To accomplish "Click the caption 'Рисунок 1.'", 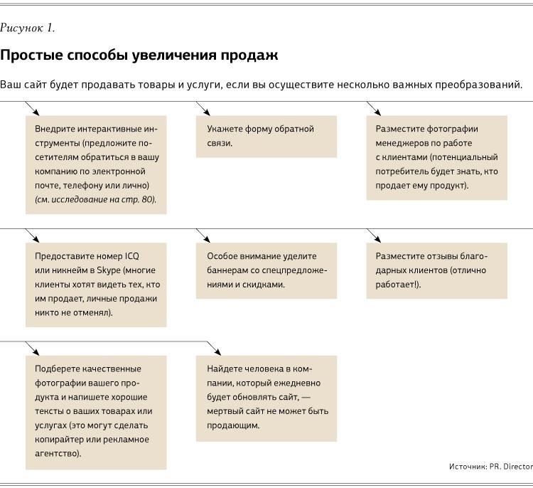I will tap(27, 28).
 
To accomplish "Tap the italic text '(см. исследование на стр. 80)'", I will tap(95, 200).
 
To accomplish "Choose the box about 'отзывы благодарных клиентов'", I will tap(436, 270).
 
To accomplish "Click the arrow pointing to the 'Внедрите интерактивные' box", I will tap(32, 108).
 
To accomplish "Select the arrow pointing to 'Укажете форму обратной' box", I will tap(203, 108).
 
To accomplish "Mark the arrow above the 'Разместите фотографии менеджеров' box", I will tap(373, 108).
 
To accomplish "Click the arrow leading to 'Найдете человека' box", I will tap(214, 348).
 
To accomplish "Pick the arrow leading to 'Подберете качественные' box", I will tap(32, 348).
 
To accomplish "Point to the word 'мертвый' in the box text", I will tap(225, 411).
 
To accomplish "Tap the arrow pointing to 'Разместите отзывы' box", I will tap(373, 235).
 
